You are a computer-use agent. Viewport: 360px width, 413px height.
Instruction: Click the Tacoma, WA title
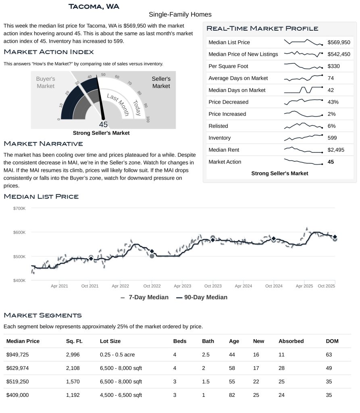pyautogui.click(x=94, y=6)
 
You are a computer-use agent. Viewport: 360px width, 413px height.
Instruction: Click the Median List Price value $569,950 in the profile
pyautogui.click(x=339, y=42)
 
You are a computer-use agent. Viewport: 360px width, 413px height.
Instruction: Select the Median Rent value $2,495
pyautogui.click(x=336, y=150)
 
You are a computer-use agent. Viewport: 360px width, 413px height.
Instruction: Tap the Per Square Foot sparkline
pyautogui.click(x=303, y=66)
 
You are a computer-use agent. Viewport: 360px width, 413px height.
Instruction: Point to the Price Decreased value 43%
pyautogui.click(x=333, y=102)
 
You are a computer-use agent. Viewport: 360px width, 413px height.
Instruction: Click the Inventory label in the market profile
pyautogui.click(x=219, y=138)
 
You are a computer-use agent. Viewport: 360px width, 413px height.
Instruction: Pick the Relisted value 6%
pyautogui.click(x=331, y=126)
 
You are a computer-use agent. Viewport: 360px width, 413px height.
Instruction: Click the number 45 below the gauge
pyautogui.click(x=103, y=125)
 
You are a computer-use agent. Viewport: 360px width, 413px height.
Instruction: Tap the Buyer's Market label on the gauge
pyautogui.click(x=46, y=83)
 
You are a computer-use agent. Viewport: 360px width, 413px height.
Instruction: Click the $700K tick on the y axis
pyautogui.click(x=19, y=209)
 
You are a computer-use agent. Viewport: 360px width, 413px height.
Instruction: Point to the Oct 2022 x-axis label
pyautogui.click(x=151, y=286)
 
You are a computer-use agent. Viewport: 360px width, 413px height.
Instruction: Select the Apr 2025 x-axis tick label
pyautogui.click(x=304, y=286)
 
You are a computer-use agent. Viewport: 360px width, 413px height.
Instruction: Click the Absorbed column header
pyautogui.click(x=291, y=341)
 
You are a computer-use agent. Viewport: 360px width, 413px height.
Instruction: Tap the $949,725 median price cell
pyautogui.click(x=18, y=355)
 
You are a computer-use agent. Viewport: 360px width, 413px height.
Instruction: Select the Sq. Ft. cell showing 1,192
pyautogui.click(x=74, y=395)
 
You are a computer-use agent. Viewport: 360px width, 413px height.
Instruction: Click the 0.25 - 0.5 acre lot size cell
pyautogui.click(x=117, y=355)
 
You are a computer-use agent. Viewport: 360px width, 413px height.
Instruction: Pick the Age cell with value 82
pyautogui.click(x=232, y=395)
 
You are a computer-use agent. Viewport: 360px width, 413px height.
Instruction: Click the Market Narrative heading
pyautogui.click(x=43, y=144)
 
